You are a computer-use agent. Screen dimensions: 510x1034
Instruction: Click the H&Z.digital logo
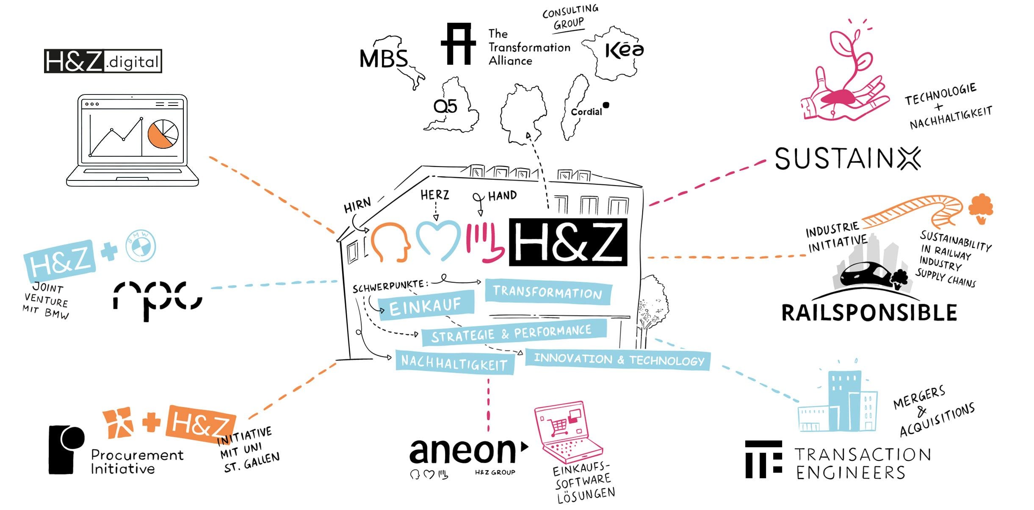click(x=103, y=61)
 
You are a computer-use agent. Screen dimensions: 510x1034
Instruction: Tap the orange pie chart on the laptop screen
click(x=163, y=134)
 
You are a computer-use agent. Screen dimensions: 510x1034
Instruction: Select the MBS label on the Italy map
click(x=383, y=58)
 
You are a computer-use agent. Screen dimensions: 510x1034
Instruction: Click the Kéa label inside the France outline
click(x=624, y=50)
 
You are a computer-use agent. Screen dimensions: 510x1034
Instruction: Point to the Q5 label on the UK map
click(x=445, y=106)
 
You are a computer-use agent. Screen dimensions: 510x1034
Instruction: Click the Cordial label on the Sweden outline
click(x=586, y=112)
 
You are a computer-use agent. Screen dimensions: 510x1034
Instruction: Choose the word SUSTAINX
click(x=847, y=159)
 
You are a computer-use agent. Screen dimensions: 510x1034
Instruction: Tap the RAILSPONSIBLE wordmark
click(x=869, y=313)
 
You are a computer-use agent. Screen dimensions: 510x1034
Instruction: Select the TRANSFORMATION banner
click(x=547, y=292)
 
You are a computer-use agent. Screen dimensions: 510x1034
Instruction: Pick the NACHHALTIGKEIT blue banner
click(x=454, y=363)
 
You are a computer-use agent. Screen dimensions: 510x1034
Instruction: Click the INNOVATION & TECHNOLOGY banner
click(x=618, y=360)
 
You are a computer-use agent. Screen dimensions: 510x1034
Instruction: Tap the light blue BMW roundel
click(x=141, y=246)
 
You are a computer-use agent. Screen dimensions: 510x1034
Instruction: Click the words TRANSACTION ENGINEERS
click(x=862, y=463)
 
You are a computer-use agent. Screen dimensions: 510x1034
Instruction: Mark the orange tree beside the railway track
click(x=981, y=208)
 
